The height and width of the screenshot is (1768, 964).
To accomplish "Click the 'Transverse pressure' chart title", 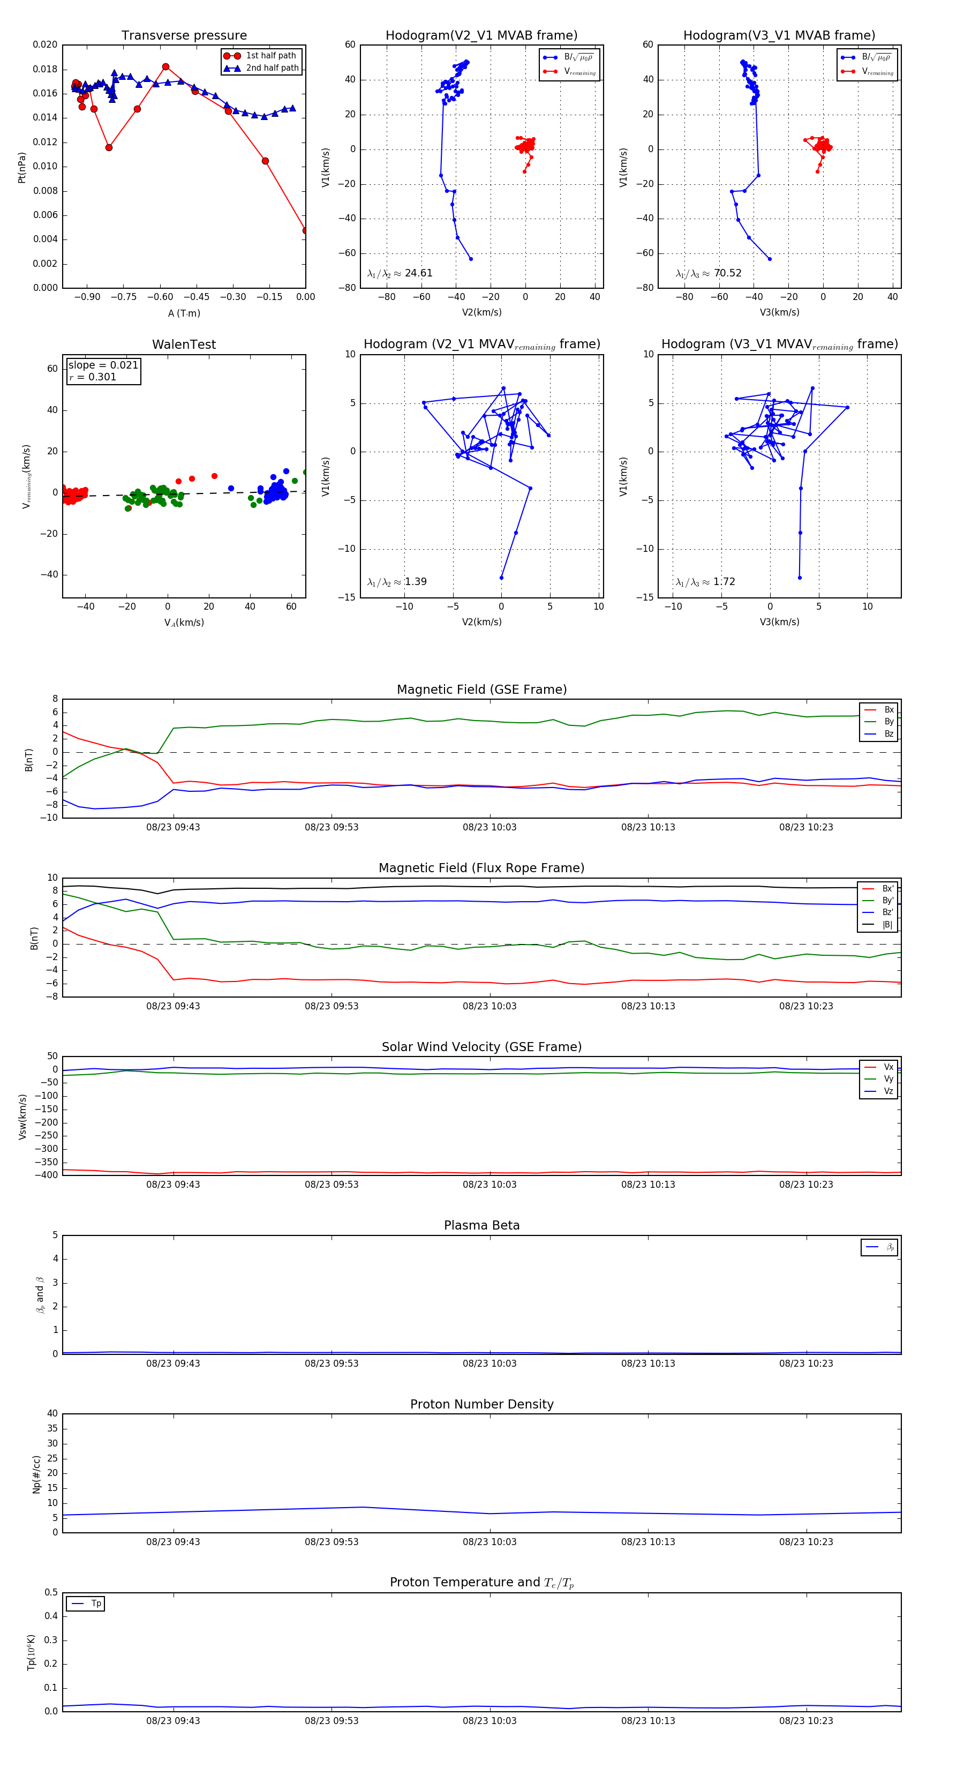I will (x=184, y=36).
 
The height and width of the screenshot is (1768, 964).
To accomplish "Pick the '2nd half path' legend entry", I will (x=272, y=68).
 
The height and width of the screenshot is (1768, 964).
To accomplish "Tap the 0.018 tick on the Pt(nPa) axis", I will (x=46, y=69).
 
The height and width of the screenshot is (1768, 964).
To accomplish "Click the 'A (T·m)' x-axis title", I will (x=184, y=313).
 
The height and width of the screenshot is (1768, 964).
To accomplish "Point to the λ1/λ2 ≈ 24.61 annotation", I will (x=400, y=273).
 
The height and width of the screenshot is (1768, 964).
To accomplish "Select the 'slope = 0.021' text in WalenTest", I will (x=103, y=365).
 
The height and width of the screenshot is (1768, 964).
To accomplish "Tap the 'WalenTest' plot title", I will (x=184, y=344).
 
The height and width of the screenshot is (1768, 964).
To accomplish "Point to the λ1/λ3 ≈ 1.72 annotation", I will (x=705, y=582).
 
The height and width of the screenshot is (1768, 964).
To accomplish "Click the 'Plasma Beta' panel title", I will (x=481, y=1226).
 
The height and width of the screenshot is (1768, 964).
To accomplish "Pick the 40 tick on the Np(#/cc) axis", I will (x=52, y=1414).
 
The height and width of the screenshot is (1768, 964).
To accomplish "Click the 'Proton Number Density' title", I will (x=481, y=1404).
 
